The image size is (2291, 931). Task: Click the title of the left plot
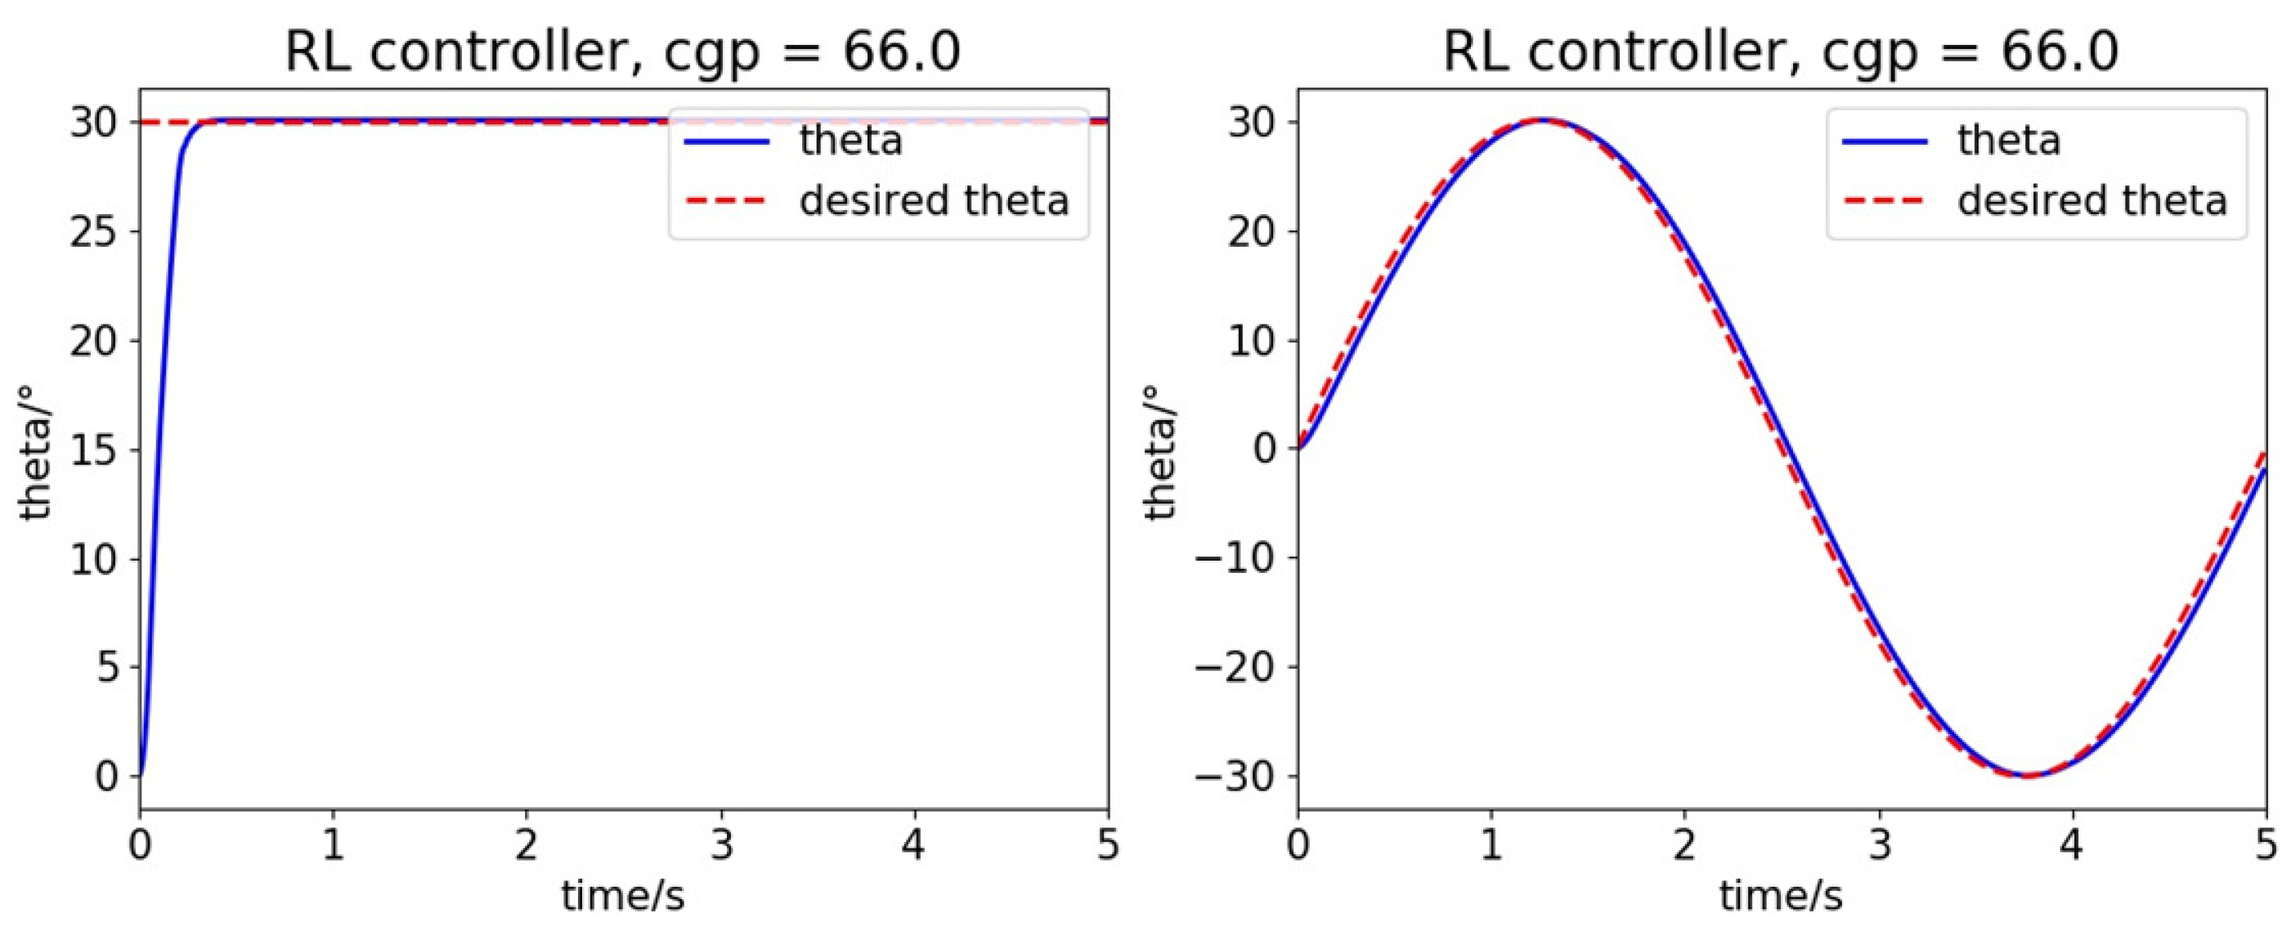(622, 51)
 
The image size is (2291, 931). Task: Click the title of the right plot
(1781, 51)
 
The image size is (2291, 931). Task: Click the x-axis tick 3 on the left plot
(721, 844)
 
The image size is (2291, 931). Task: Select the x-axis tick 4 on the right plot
(2072, 844)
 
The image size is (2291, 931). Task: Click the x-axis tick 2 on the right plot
(1684, 844)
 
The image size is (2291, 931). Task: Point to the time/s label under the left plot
(622, 897)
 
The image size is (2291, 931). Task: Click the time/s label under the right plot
(1781, 897)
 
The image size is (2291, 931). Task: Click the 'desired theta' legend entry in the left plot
(934, 201)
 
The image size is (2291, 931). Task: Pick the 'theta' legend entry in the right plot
(2008, 141)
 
